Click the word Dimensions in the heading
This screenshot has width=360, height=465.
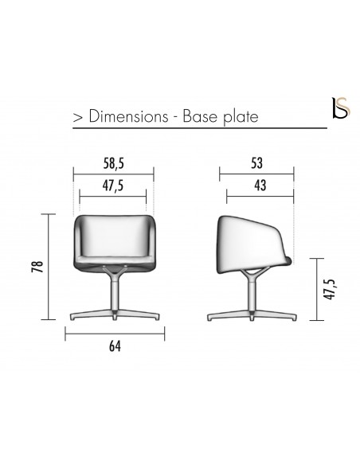tap(128, 115)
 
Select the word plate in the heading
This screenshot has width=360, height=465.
tap(241, 116)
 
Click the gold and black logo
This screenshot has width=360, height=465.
tap(342, 108)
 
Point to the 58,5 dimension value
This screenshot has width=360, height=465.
tap(113, 163)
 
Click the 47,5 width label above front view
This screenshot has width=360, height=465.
tap(112, 186)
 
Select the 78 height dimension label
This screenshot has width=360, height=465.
tap(38, 267)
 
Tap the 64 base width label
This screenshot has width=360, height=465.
tap(115, 346)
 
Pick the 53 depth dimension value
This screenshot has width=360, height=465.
tap(256, 163)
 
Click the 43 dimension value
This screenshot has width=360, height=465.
tap(260, 186)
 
